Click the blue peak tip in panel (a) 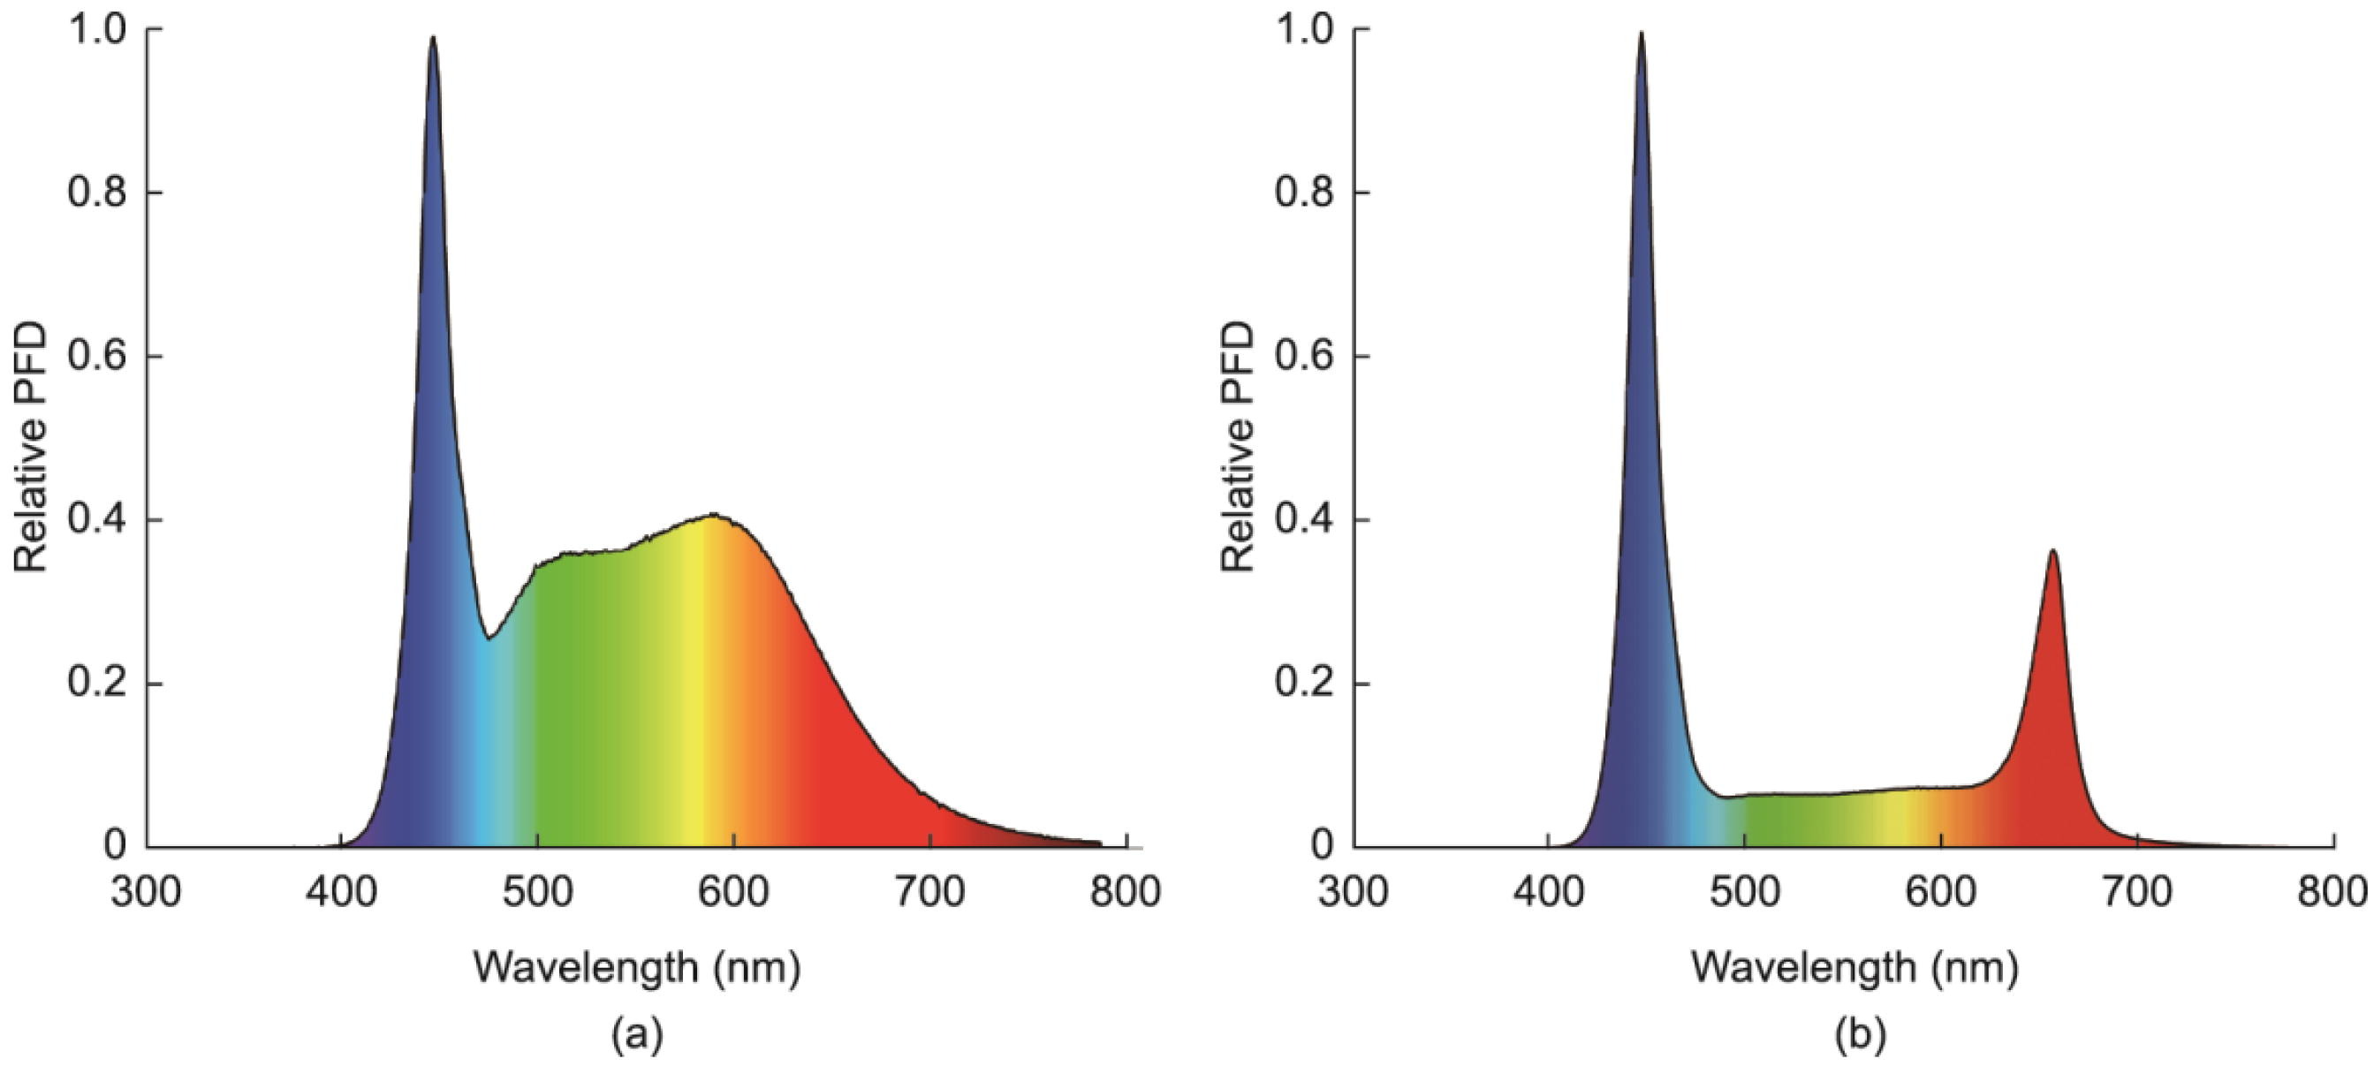pyautogui.click(x=432, y=38)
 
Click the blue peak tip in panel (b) pyautogui.click(x=1641, y=34)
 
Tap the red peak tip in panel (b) pyautogui.click(x=2052, y=551)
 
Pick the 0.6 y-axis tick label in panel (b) pyautogui.click(x=1304, y=358)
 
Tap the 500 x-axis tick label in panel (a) pyautogui.click(x=537, y=892)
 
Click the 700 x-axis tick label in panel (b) pyautogui.click(x=2137, y=892)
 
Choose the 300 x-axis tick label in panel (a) pyautogui.click(x=146, y=892)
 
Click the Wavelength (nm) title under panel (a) pyautogui.click(x=637, y=967)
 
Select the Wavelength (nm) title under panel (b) pyautogui.click(x=1854, y=967)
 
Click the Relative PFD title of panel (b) pyautogui.click(x=1238, y=447)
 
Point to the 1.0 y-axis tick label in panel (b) pyautogui.click(x=1304, y=30)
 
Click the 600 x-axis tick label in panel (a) pyautogui.click(x=733, y=892)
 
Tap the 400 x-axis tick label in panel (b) pyautogui.click(x=1548, y=892)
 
